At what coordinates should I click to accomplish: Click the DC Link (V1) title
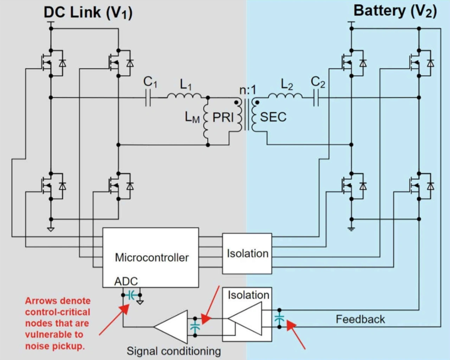click(x=88, y=13)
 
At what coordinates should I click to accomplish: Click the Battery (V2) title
click(x=395, y=11)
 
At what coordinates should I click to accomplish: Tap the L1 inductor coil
click(x=184, y=96)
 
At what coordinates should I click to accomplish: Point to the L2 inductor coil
click(x=285, y=96)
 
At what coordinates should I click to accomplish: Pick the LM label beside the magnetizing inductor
click(x=192, y=117)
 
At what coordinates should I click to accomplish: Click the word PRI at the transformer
click(x=223, y=117)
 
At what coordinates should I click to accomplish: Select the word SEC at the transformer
click(x=273, y=117)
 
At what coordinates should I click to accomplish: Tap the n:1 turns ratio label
click(x=248, y=90)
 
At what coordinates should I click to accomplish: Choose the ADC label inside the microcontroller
click(x=126, y=281)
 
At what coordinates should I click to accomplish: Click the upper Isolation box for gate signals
click(x=247, y=253)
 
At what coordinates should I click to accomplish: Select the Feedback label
click(x=360, y=319)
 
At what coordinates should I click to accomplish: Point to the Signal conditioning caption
click(x=174, y=351)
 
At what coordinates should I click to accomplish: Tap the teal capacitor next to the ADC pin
click(x=131, y=295)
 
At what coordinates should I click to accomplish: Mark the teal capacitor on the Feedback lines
click(x=279, y=319)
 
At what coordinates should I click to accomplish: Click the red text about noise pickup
click(x=57, y=323)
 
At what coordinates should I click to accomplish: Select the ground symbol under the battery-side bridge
click(x=351, y=229)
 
